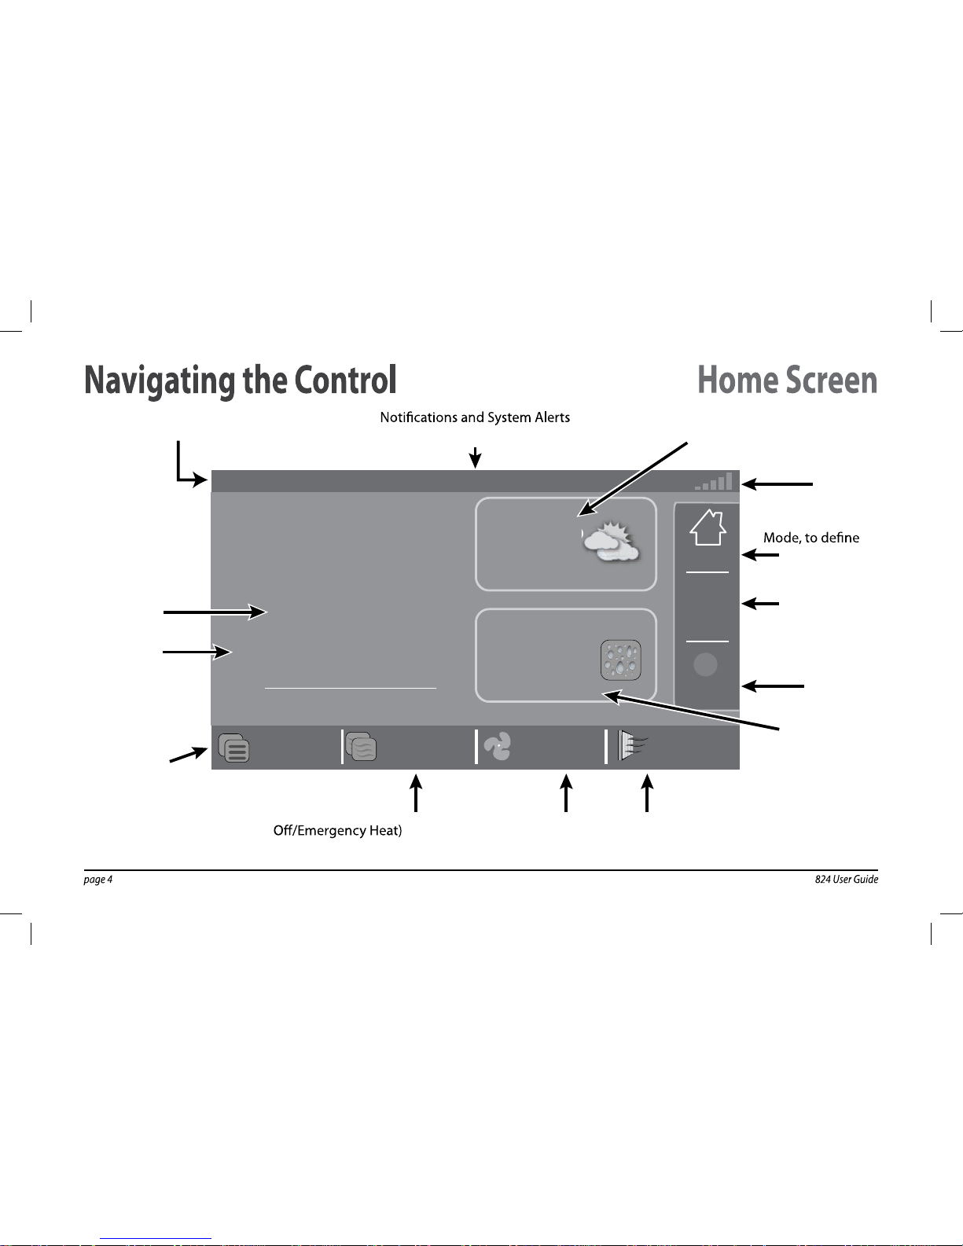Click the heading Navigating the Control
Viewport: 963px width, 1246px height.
point(240,380)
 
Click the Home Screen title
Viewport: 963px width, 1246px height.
point(787,380)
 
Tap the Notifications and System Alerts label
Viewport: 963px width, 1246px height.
point(475,417)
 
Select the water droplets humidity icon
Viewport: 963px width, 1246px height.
point(620,660)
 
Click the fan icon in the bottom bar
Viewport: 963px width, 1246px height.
point(498,747)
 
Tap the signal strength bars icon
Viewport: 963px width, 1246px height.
point(715,481)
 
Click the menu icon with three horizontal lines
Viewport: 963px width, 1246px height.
point(234,748)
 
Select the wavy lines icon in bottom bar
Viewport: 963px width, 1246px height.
point(362,747)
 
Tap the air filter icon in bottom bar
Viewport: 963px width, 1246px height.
point(629,746)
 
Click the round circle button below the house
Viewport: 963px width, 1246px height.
point(706,665)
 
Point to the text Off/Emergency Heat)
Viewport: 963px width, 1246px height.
point(337,831)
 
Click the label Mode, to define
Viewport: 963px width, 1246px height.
point(811,538)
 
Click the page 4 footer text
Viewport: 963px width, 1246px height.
point(98,880)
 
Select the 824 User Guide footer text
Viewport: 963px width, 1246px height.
point(846,880)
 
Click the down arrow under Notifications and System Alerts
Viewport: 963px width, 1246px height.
point(475,458)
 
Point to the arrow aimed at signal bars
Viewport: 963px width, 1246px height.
point(777,484)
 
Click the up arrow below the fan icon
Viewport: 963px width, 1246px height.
point(566,792)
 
